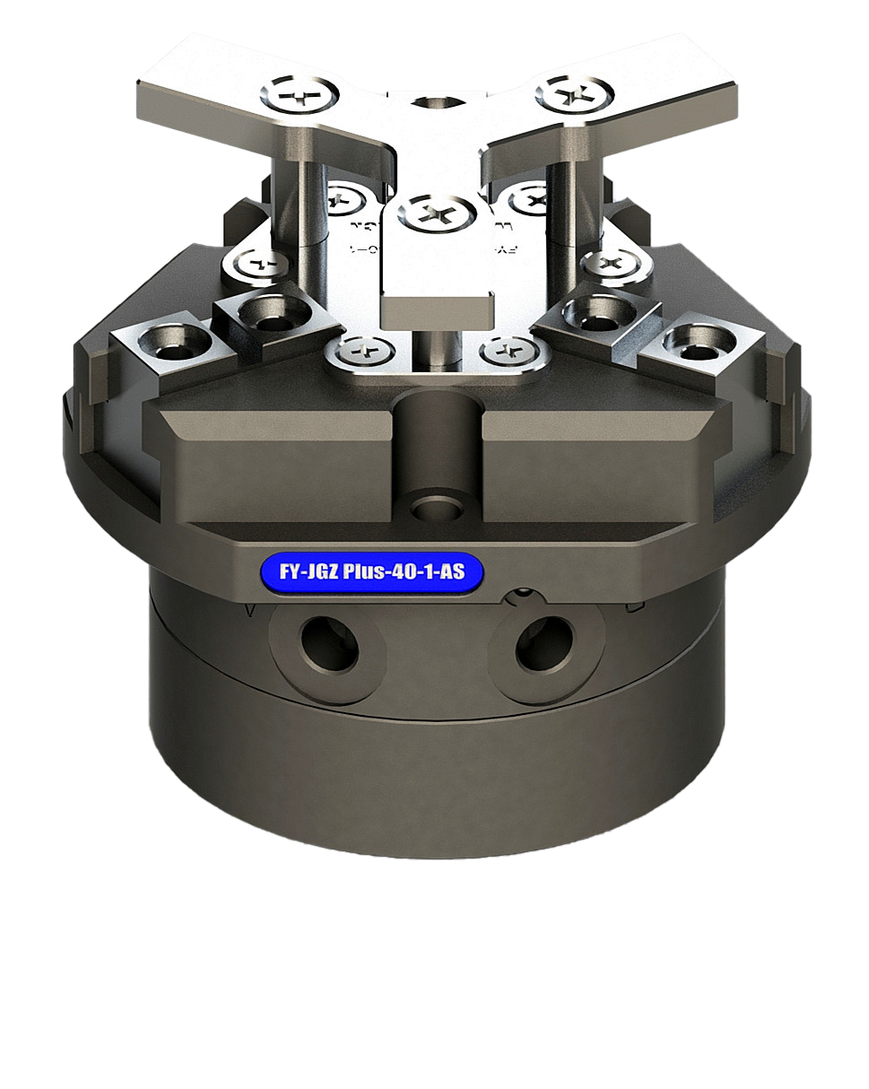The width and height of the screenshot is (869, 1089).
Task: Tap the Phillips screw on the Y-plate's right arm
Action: [x=575, y=93]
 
